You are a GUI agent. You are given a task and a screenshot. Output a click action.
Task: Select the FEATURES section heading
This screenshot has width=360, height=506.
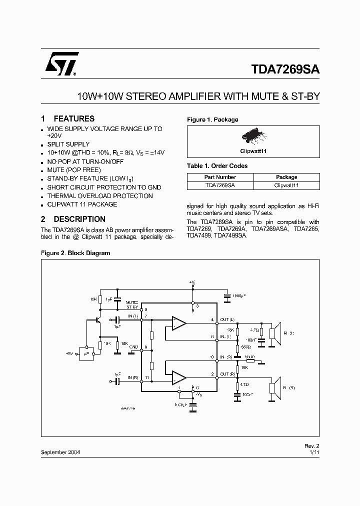pyautogui.click(x=73, y=118)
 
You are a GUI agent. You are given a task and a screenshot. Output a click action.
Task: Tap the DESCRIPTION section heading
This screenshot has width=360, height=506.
pyautogui.click(x=79, y=219)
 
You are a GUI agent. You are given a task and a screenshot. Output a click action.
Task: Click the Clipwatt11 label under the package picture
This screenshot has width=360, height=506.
pyautogui.click(x=253, y=150)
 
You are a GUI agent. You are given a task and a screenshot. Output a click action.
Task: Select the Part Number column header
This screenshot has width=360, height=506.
pyautogui.click(x=220, y=177)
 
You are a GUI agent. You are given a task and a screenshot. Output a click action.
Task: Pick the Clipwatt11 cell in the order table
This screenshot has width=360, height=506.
pyautogui.click(x=286, y=185)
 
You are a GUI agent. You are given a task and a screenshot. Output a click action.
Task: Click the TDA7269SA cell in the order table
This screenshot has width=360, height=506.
pyautogui.click(x=220, y=185)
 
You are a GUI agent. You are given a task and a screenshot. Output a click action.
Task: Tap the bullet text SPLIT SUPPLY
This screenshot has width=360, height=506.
pyautogui.click(x=68, y=144)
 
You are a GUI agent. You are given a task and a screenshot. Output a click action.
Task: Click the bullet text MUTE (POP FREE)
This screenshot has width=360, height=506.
pyautogui.click(x=74, y=170)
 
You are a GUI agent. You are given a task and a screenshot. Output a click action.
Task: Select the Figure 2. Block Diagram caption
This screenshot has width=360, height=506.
pyautogui.click(x=75, y=253)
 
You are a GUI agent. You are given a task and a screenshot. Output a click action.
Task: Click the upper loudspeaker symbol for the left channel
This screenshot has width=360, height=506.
pyautogui.click(x=273, y=333)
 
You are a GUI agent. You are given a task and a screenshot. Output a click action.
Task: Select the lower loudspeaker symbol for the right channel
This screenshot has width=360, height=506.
pyautogui.click(x=273, y=387)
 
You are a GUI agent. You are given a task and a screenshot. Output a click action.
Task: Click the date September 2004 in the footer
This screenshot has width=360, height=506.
pyautogui.click(x=60, y=451)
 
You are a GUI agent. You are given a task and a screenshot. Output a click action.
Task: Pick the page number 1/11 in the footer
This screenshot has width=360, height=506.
pyautogui.click(x=313, y=451)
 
